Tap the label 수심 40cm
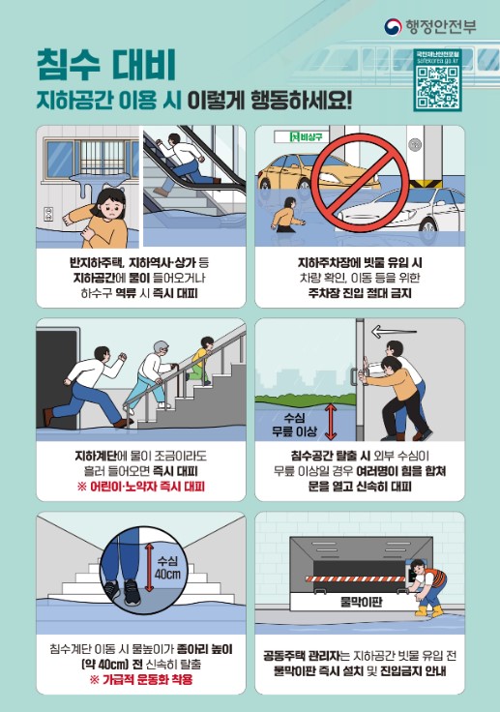(168, 568)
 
